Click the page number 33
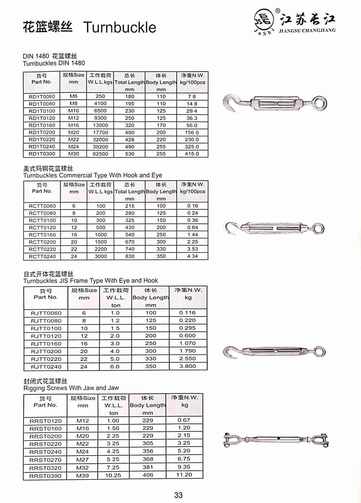pyautogui.click(x=178, y=495)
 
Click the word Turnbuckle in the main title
pyautogui.click(x=119, y=27)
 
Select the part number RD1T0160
pyautogui.click(x=42, y=125)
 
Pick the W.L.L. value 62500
pyautogui.click(x=100, y=154)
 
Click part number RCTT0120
pyautogui.click(x=42, y=228)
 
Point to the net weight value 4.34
pyautogui.click(x=192, y=256)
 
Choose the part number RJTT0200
pyautogui.click(x=46, y=351)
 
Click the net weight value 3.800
pyautogui.click(x=187, y=366)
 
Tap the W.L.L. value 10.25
pyautogui.click(x=113, y=476)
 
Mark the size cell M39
pyautogui.click(x=82, y=476)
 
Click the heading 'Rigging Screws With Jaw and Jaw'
pyautogui.click(x=71, y=388)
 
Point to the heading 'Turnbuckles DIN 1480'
pyautogui.click(x=54, y=63)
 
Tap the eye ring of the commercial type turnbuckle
pyautogui.click(x=318, y=228)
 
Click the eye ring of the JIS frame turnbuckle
pyautogui.click(x=319, y=351)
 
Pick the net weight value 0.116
pyautogui.click(x=187, y=313)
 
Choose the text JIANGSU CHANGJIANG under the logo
pyautogui.click(x=307, y=30)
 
